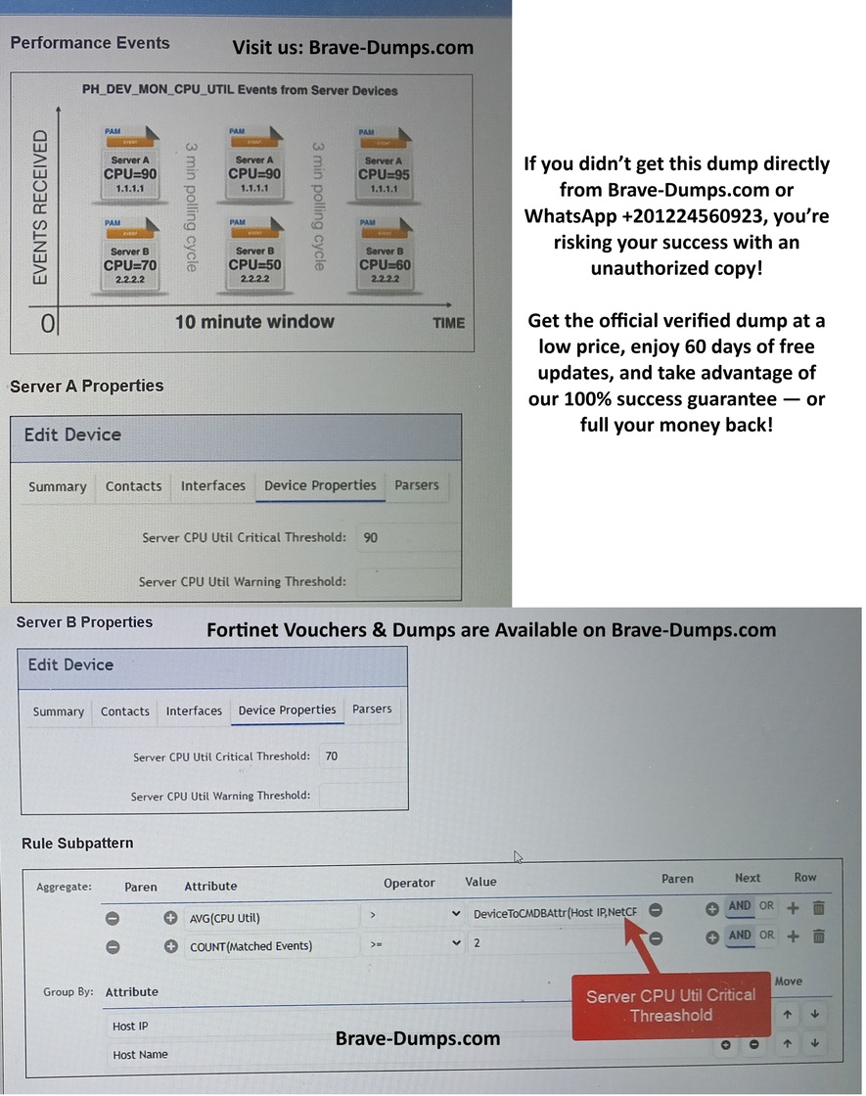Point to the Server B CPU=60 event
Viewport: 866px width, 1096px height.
[x=385, y=260]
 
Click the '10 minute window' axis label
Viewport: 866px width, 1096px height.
[x=254, y=322]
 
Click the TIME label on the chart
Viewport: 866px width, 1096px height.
[x=448, y=323]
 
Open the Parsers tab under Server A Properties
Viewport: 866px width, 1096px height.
[x=417, y=485]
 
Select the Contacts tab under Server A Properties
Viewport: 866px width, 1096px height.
[x=133, y=486]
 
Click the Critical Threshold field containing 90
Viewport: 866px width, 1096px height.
[x=406, y=537]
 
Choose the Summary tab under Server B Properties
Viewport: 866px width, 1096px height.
[x=58, y=711]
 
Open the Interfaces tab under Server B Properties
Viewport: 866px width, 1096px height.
[x=194, y=711]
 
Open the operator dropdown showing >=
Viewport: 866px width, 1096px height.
[x=411, y=943]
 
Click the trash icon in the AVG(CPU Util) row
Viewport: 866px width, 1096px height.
[x=819, y=908]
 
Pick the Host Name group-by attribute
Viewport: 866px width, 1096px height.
[x=140, y=1055]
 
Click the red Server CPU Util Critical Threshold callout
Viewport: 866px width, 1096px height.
[x=670, y=1005]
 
